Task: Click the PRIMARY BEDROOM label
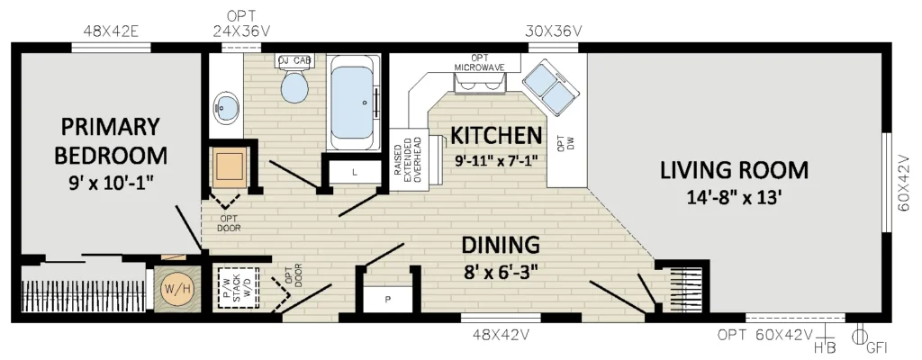click(111, 141)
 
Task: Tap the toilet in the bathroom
click(294, 82)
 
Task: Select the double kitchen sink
click(552, 85)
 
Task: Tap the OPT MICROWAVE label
click(480, 63)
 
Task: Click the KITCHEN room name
click(496, 135)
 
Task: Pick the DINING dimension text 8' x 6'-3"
click(500, 272)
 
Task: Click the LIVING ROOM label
click(734, 170)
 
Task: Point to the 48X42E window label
click(111, 31)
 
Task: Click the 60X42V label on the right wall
click(910, 183)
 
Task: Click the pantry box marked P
click(387, 300)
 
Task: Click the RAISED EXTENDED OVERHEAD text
click(407, 161)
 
